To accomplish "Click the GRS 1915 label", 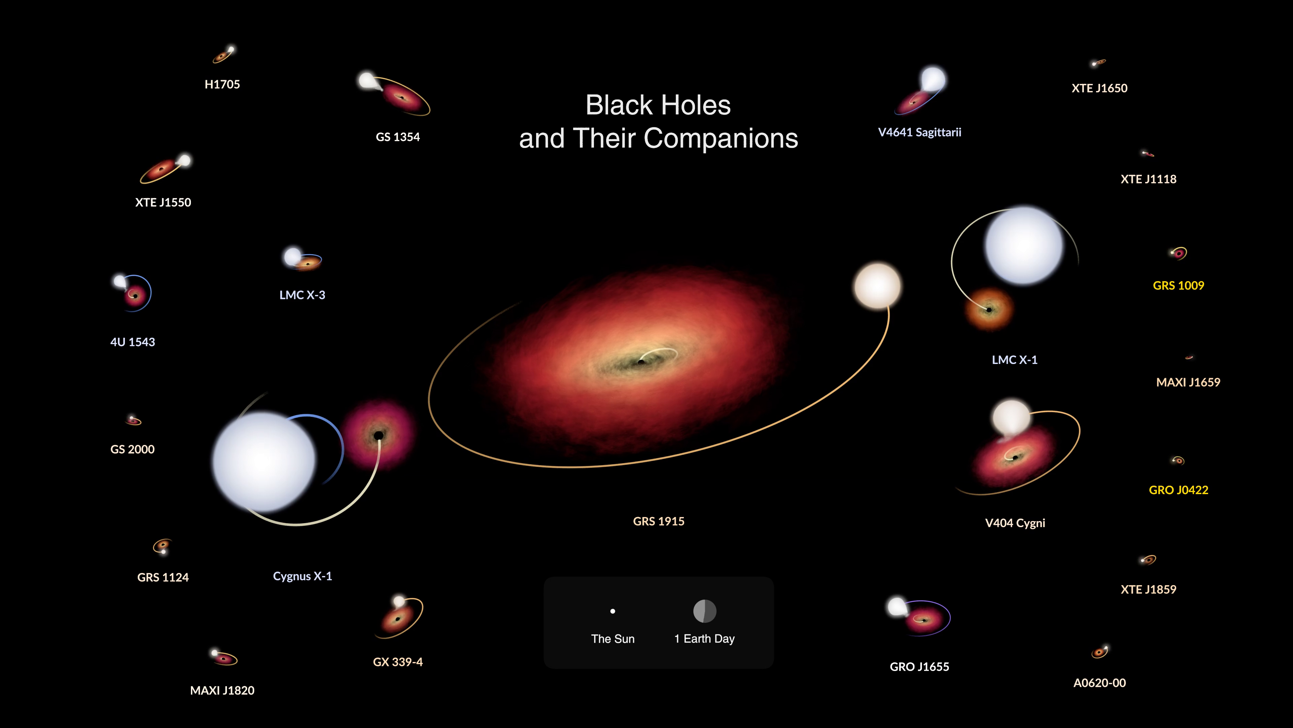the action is pyautogui.click(x=659, y=521).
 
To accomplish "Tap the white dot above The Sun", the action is pyautogui.click(x=612, y=611).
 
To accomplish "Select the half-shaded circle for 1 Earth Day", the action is pyautogui.click(x=705, y=611).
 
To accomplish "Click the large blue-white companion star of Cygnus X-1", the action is pyautogui.click(x=264, y=461).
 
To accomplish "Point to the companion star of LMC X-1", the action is pyautogui.click(x=1024, y=245).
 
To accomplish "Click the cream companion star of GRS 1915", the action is pyautogui.click(x=877, y=286).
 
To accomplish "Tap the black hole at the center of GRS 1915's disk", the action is pyautogui.click(x=641, y=362).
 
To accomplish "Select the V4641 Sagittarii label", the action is pyautogui.click(x=920, y=132).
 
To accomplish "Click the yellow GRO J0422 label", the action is pyautogui.click(x=1179, y=490).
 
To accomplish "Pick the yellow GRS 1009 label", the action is pyautogui.click(x=1179, y=285).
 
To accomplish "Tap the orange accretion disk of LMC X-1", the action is pyautogui.click(x=989, y=309).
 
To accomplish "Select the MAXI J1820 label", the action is pyautogui.click(x=222, y=690).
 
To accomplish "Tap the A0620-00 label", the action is pyautogui.click(x=1099, y=683).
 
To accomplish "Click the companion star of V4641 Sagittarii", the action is pyautogui.click(x=933, y=79).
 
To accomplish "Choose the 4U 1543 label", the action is pyautogui.click(x=133, y=342).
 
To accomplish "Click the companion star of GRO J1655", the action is pyautogui.click(x=896, y=606).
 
